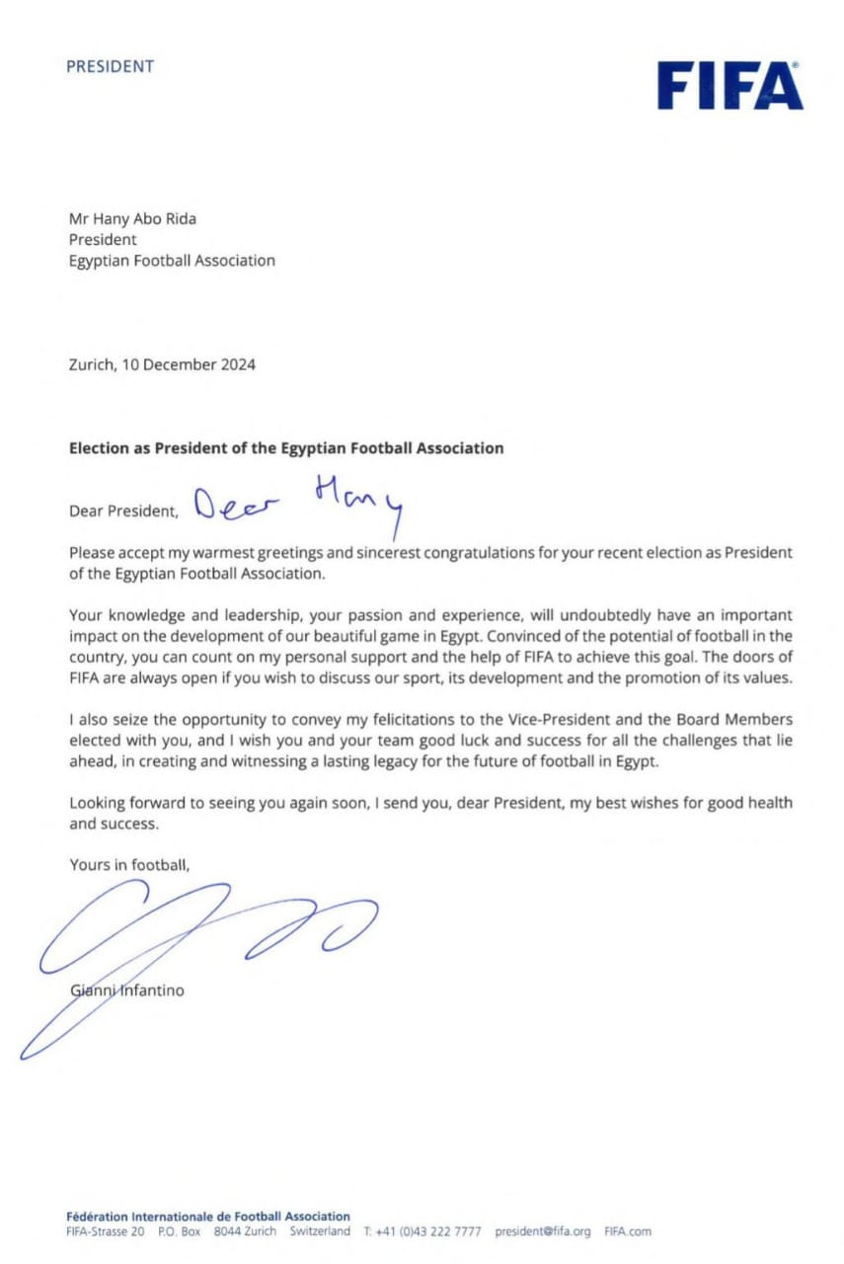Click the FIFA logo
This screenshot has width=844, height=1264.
point(729,86)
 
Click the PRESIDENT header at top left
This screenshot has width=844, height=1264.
point(110,67)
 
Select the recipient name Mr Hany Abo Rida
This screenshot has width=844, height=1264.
point(132,218)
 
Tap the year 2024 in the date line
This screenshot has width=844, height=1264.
point(236,364)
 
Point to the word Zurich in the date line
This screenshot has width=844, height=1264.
point(91,364)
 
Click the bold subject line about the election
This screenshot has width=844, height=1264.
point(285,447)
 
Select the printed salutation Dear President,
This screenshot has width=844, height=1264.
point(124,512)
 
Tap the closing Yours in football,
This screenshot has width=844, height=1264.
point(128,864)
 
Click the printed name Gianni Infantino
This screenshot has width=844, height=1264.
point(126,989)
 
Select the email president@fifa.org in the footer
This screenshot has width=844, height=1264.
point(542,1231)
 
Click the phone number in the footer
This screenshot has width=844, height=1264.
point(422,1231)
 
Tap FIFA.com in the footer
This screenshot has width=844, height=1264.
point(628,1231)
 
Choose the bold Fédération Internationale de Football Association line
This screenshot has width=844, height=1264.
point(207,1217)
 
